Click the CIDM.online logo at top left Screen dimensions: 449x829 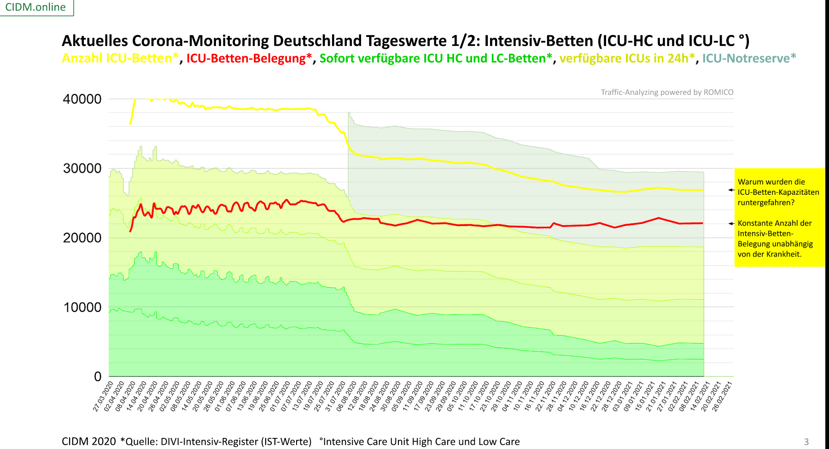coord(35,7)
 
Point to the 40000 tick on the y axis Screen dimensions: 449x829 coord(82,99)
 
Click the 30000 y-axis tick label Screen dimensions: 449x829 coord(82,169)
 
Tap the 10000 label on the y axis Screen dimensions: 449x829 coord(82,307)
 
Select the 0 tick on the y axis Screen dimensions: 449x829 coord(98,377)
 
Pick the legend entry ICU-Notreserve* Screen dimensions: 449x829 coord(749,58)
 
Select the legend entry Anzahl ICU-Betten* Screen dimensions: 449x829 coord(120,58)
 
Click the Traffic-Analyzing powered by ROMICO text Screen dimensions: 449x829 coord(667,92)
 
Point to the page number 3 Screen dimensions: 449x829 coord(806,442)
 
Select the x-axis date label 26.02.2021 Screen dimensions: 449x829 coord(722,396)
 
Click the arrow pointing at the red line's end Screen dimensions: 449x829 coord(731,224)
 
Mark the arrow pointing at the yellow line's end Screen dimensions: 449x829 coord(731,190)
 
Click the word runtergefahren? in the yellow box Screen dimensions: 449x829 coord(766,203)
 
